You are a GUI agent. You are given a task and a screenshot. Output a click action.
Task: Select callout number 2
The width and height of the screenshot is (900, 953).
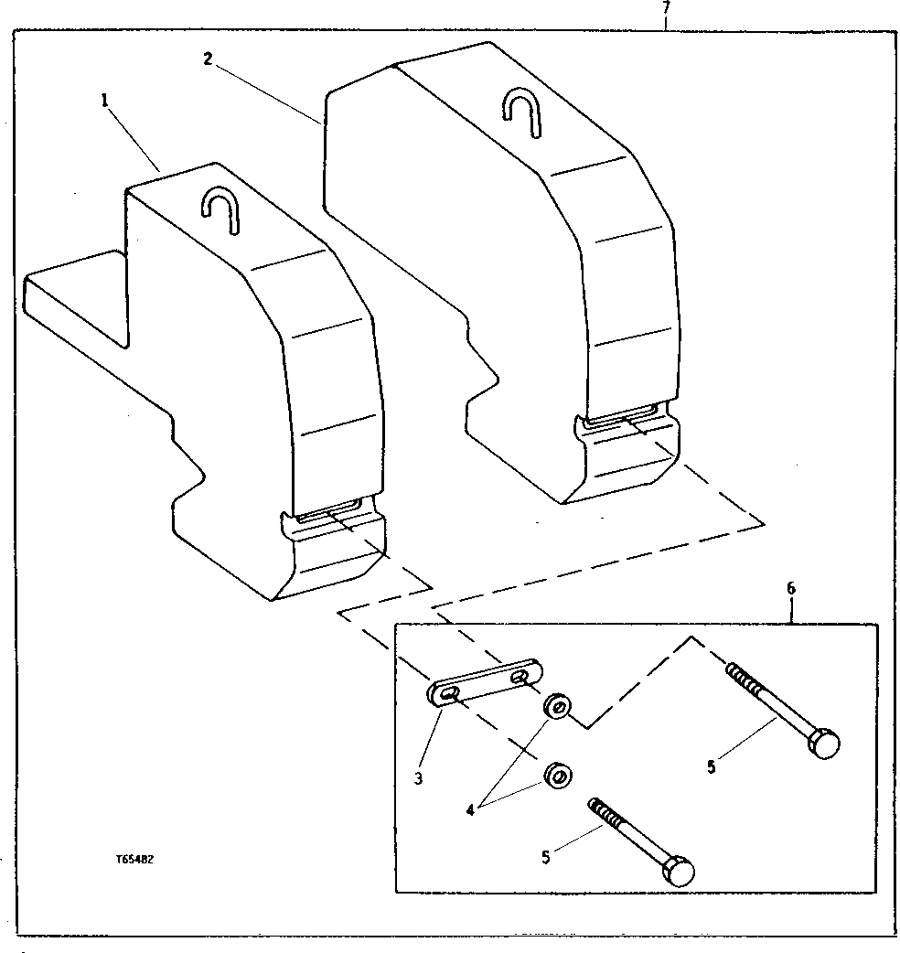tap(208, 59)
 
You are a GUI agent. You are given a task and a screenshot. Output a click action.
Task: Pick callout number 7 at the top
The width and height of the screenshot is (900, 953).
tap(666, 6)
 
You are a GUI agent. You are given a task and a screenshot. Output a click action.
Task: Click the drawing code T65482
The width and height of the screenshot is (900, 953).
tap(136, 861)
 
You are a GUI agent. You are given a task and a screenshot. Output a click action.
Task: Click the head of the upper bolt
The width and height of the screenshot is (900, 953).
tap(824, 744)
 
